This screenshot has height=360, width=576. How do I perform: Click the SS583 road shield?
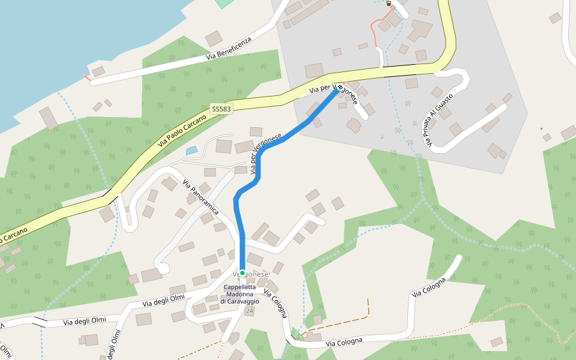coord(221,109)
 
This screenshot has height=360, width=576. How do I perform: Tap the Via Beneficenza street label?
coord(227,47)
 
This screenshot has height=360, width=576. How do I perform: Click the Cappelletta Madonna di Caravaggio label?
coord(243,294)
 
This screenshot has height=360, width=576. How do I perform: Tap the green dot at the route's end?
coord(242,273)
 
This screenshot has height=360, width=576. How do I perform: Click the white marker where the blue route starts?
coord(340,88)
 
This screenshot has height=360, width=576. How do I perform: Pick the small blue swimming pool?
coord(191,150)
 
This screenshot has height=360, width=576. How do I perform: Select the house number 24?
coord(250,311)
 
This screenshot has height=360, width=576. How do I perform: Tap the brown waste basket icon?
coord(389,4)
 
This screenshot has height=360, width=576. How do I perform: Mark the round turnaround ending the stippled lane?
coord(163,268)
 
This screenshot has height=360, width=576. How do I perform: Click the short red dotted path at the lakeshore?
coord(87,77)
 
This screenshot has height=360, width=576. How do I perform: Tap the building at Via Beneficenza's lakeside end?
coord(98,71)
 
